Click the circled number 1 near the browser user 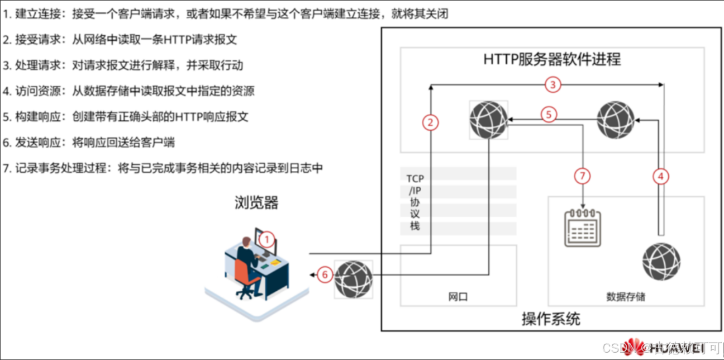(268, 240)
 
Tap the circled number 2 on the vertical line (430, 122)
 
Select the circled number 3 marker (552, 85)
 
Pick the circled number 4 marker (661, 177)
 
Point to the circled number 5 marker (549, 114)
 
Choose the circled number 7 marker (583, 177)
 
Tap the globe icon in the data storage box (661, 262)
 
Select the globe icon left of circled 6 (353, 279)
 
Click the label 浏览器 (256, 203)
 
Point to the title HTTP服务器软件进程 (552, 59)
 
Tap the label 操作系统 (551, 319)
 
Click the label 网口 (458, 297)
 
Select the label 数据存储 (626, 297)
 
